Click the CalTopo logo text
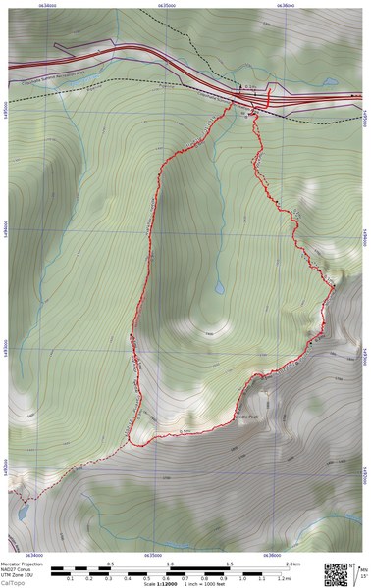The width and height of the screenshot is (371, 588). tap(14, 583)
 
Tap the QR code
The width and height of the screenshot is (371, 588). tap(337, 573)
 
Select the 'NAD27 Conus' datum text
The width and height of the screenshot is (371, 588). tap(19, 569)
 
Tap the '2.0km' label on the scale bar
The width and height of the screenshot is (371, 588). tap(291, 564)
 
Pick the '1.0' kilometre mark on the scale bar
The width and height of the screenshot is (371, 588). tap(171, 564)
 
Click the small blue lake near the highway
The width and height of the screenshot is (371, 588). tap(332, 82)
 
